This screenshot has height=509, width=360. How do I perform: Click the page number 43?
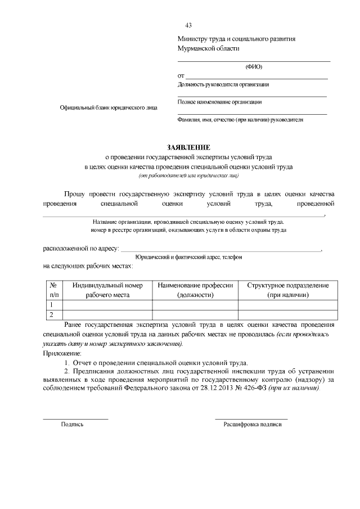(188, 25)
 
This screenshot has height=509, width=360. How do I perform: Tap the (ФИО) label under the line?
(254, 66)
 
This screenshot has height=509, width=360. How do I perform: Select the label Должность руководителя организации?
(223, 85)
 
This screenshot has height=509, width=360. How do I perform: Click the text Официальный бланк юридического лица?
(109, 107)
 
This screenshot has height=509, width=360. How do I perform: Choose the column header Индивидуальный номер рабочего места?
(107, 290)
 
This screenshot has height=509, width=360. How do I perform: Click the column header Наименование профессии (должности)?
(195, 290)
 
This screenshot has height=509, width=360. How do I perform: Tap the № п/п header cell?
(54, 290)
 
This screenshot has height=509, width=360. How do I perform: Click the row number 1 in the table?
(52, 305)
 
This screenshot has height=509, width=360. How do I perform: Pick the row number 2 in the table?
(52, 314)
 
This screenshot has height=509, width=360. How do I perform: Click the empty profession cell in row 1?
(195, 305)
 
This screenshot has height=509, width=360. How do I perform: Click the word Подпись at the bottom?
(72, 424)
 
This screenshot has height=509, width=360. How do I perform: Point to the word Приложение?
(62, 353)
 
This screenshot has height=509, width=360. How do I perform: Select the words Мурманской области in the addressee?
(208, 49)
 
